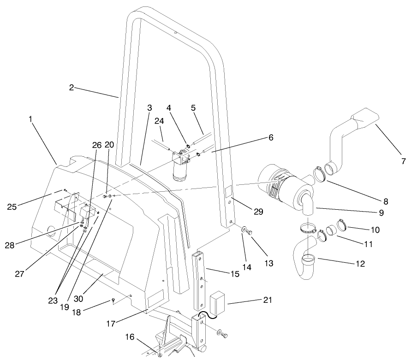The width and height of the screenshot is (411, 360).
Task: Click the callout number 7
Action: click(403, 161)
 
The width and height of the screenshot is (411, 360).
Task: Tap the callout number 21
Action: click(268, 300)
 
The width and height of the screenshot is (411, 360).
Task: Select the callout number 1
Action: click(30, 119)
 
